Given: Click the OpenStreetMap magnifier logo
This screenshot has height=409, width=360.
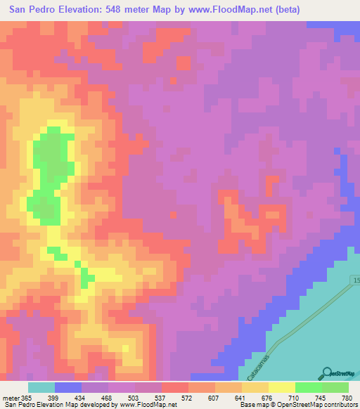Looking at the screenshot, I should (x=326, y=374).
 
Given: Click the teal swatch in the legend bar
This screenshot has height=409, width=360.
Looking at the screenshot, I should (x=41, y=387).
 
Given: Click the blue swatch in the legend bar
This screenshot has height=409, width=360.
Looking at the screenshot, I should (x=68, y=387).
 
